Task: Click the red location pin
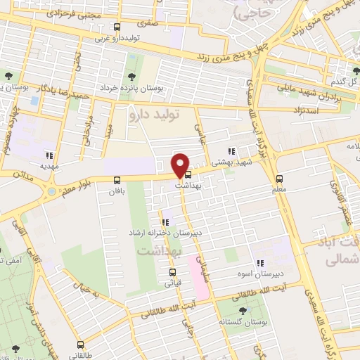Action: tap(181, 165)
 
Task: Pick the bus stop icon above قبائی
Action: tap(172, 271)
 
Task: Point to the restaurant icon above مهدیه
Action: tap(49, 156)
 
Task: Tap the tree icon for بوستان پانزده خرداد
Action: tap(131, 77)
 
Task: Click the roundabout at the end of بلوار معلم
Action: tap(51, 191)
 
